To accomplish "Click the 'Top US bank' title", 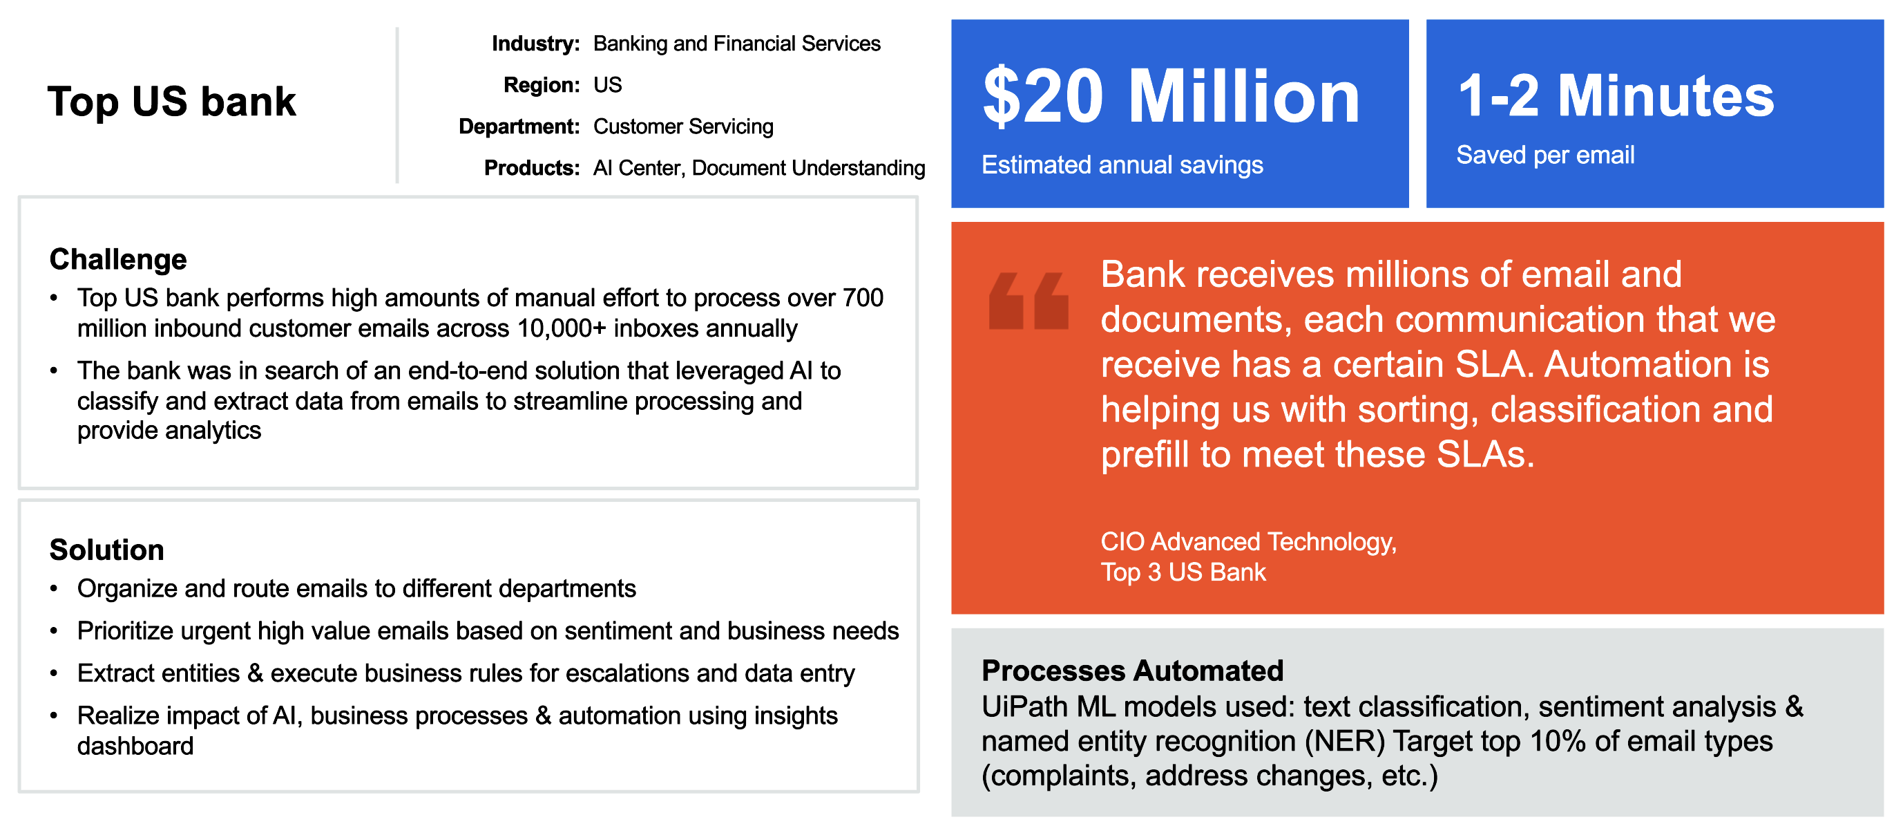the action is coord(171,101).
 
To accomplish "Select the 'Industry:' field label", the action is coord(535,44).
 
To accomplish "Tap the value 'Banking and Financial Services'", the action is coord(737,44).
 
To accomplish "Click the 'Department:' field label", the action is coord(519,127).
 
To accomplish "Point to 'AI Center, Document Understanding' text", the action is coord(759,168).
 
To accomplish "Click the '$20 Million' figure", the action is coord(1171,96).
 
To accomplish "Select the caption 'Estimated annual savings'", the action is coord(1122,165).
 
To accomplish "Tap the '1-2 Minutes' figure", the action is coord(1616,95).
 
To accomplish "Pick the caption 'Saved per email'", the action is coord(1545,156).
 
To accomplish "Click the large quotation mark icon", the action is coord(1029,301).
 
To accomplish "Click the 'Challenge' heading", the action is coord(117,259).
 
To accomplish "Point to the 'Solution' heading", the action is coord(106,550).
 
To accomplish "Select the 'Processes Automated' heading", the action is coord(1132,671).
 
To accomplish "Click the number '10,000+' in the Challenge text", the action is coord(562,328).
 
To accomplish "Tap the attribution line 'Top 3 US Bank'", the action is coord(1183,572).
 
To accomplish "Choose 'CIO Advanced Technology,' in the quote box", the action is coord(1248,542).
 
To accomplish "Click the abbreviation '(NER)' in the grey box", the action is coord(1345,742).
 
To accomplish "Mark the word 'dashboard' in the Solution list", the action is coord(135,746).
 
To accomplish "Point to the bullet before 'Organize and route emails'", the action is coord(54,589).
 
